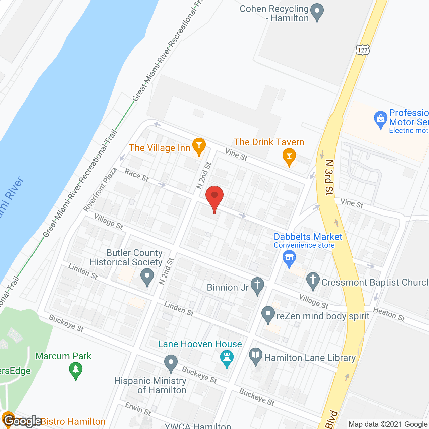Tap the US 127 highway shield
(x=362, y=50)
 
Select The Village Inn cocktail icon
(x=199, y=146)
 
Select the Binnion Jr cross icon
(x=257, y=286)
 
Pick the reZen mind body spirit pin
(x=268, y=314)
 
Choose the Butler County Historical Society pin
(x=147, y=277)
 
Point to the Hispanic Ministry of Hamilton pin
(x=171, y=363)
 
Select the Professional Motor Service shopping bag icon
(x=380, y=119)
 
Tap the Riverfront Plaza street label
(x=100, y=189)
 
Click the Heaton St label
(x=389, y=314)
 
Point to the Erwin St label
(x=138, y=409)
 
